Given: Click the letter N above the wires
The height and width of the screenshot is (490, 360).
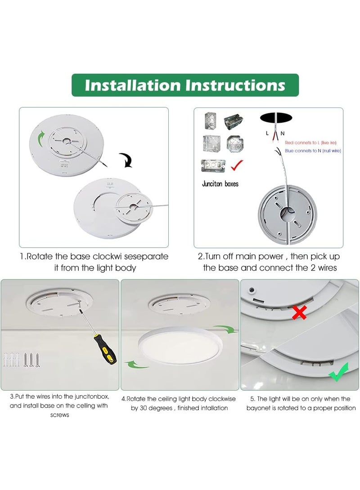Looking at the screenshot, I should (282, 134).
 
